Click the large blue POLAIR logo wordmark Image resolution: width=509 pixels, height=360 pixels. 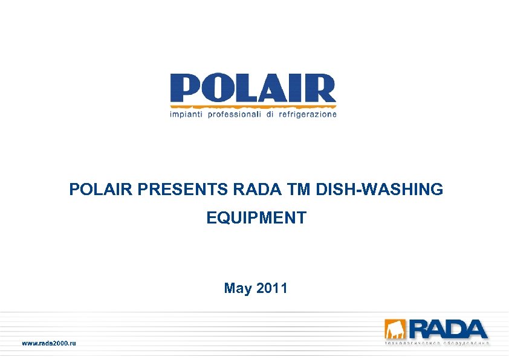253,89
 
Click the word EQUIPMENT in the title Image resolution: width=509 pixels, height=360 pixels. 256,217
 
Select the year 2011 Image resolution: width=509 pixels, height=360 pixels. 272,288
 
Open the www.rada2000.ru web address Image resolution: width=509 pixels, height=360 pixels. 50,343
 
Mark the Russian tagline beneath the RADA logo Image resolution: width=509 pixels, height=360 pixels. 436,343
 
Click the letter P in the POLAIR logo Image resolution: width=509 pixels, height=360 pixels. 185,89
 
